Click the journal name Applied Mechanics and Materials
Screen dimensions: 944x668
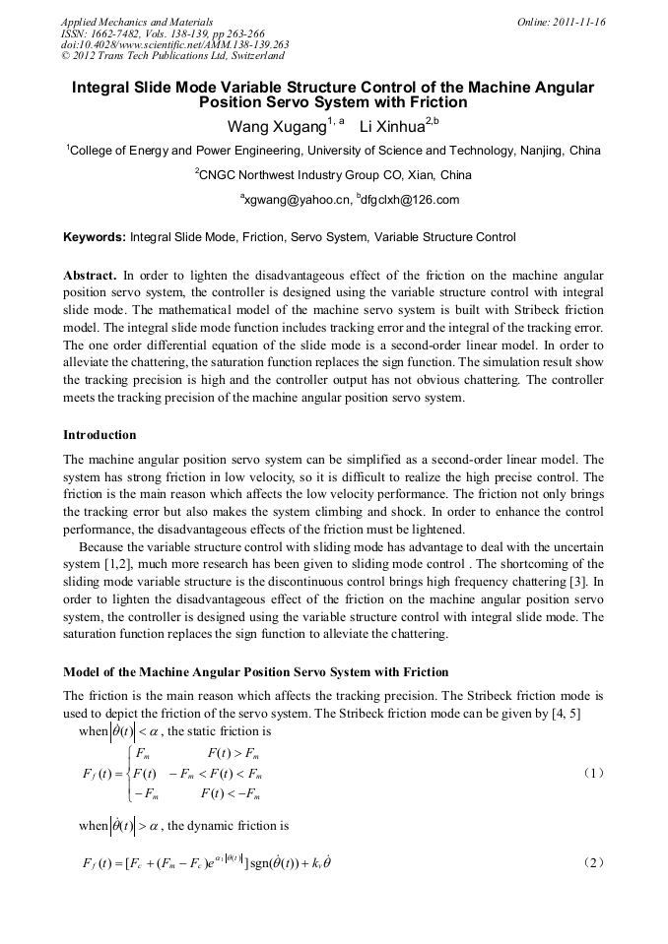[x=137, y=21]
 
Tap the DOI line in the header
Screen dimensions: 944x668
[x=174, y=44]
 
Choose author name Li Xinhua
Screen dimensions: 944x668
[x=391, y=127]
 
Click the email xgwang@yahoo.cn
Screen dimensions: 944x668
[x=297, y=200]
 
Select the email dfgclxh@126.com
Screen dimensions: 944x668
[x=408, y=200]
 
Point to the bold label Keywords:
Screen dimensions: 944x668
[x=94, y=237]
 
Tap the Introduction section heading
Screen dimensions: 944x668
[x=100, y=434]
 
